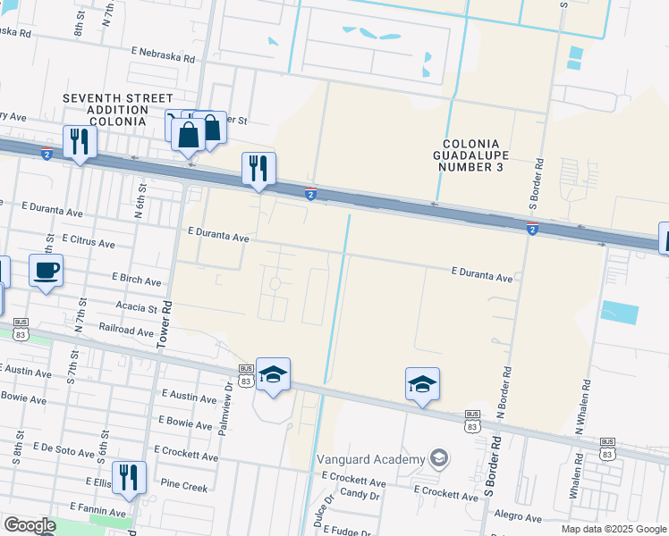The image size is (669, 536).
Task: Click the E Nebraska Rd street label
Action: [162, 55]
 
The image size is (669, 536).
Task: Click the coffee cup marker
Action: [46, 268]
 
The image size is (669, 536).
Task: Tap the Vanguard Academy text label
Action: [370, 459]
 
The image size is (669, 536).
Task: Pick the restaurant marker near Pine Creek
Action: [129, 477]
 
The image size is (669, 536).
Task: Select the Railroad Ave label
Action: [127, 331]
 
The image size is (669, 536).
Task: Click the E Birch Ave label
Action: [137, 281]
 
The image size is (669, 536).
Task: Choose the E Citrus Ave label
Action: [89, 242]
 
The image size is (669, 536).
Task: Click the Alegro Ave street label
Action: [518, 515]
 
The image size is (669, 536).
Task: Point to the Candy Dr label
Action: [360, 494]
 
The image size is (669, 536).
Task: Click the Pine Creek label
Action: [182, 487]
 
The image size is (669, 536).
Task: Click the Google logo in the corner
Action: [30, 525]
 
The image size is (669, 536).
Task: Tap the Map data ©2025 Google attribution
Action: [613, 529]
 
